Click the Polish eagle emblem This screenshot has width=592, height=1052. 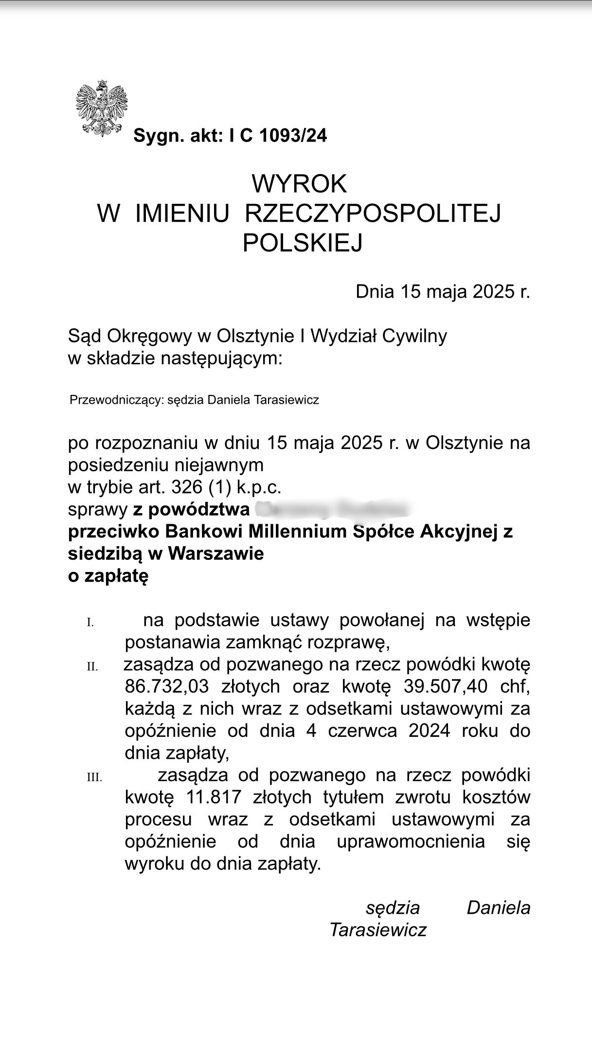pyautogui.click(x=101, y=108)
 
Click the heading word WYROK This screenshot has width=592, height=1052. pyautogui.click(x=299, y=184)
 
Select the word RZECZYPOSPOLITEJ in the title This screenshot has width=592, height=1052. pyautogui.click(x=373, y=214)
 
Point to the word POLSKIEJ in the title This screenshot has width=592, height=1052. pyautogui.click(x=303, y=243)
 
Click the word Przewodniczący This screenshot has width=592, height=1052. pyautogui.click(x=116, y=400)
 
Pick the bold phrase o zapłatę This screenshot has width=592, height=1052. pyautogui.click(x=108, y=576)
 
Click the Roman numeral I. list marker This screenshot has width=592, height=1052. pyautogui.click(x=90, y=623)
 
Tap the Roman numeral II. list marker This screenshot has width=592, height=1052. pyautogui.click(x=92, y=667)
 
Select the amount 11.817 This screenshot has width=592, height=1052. pyautogui.click(x=214, y=798)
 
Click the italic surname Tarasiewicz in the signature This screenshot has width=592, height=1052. pyautogui.click(x=378, y=930)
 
